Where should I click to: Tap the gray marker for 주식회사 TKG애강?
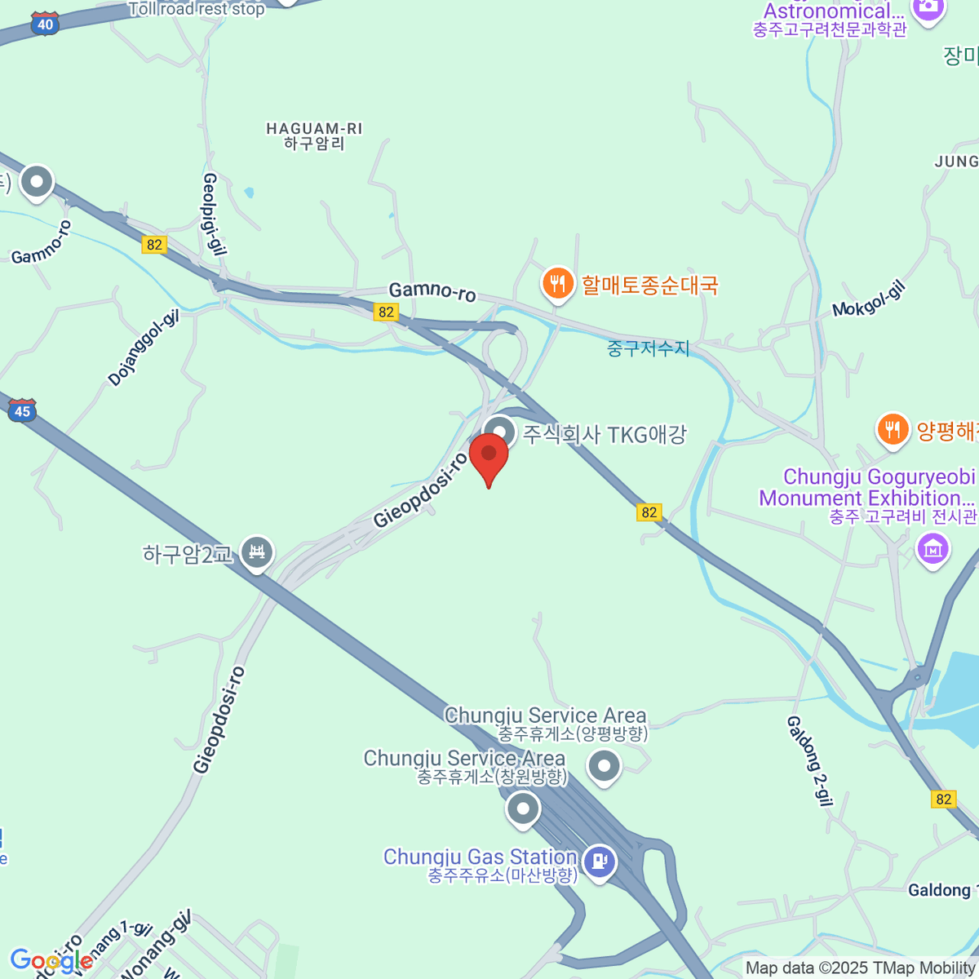coord(499,432)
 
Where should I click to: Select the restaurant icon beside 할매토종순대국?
coord(557,284)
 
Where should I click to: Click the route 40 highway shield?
coord(45,24)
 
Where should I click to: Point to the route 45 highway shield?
coord(22,410)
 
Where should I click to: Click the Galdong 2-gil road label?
coord(809,760)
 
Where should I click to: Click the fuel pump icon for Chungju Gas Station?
coord(600,861)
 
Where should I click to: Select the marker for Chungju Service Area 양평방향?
coord(605,766)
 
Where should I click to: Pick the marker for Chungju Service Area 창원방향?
coord(523,809)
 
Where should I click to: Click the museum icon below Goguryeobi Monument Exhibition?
coord(933,549)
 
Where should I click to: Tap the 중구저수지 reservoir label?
coord(649,348)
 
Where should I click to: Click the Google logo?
coord(51,960)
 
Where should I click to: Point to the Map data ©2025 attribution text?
coord(861,968)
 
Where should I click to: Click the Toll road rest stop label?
coord(197,10)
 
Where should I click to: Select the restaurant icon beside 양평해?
coord(893,429)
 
